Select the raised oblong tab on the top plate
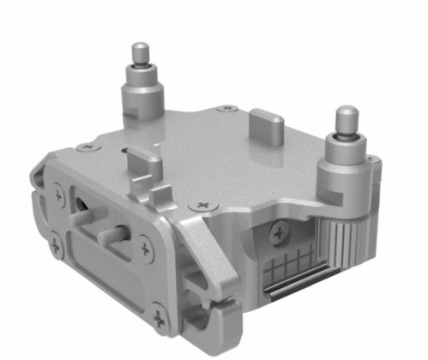[x=271, y=128]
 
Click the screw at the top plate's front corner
[x=203, y=206]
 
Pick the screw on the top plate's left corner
[x=83, y=147]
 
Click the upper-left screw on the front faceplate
[x=59, y=196]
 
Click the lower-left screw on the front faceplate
[x=55, y=247]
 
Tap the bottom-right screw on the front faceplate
[x=160, y=321]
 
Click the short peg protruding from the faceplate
[x=116, y=233]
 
